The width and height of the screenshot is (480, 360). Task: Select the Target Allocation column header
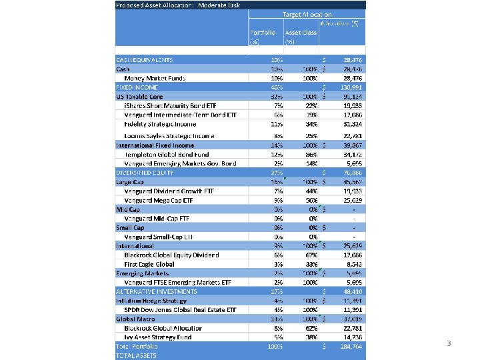(x=307, y=13)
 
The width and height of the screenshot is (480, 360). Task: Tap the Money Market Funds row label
(x=154, y=78)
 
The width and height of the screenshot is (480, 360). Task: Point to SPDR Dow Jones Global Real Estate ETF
(x=180, y=309)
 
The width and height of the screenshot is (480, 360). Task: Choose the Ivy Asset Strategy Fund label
(x=158, y=337)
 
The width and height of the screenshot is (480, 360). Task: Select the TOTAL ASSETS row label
(x=137, y=355)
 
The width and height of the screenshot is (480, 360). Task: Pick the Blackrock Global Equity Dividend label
(x=171, y=255)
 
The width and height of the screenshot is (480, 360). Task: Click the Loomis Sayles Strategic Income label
(x=169, y=136)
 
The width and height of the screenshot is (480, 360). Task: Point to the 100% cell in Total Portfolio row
(x=275, y=347)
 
